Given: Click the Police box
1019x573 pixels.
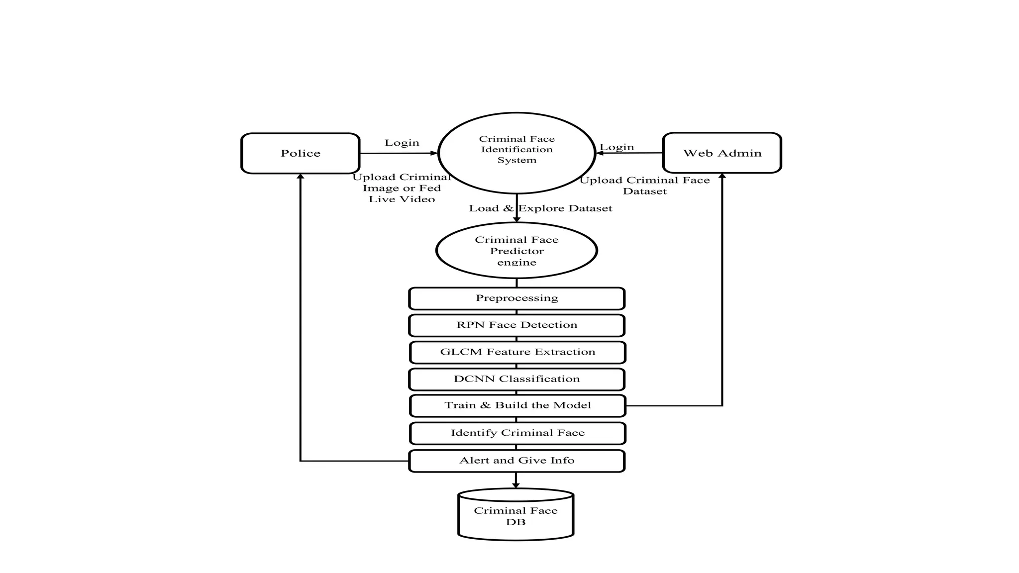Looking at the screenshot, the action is point(300,153).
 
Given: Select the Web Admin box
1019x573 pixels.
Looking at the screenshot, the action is point(722,153).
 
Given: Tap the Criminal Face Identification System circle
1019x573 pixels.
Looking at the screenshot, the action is point(516,153).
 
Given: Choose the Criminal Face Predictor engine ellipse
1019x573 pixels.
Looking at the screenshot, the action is point(516,250).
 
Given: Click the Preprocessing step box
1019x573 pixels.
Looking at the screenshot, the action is point(516,298).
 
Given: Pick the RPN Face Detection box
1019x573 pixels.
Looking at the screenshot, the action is point(516,325).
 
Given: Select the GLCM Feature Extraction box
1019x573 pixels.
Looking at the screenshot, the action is point(517,352).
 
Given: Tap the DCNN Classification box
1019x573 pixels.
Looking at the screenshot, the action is point(516,379).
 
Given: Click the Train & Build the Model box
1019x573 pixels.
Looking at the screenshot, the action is point(517,406).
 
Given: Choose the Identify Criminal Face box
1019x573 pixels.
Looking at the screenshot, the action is point(517,433).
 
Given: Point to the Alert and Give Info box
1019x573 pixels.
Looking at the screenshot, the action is point(516,461).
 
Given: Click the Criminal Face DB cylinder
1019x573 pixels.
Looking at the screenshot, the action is point(516,514).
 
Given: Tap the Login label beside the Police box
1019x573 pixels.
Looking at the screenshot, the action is point(402,143).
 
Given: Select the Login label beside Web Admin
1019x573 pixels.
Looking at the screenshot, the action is point(617,147).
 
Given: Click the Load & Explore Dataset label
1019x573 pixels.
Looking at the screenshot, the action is point(540,208).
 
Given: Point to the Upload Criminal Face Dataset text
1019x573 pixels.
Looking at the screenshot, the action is point(645,186).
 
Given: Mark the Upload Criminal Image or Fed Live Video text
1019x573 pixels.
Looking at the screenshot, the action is point(402,188).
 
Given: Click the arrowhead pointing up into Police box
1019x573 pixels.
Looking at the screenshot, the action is point(300,177).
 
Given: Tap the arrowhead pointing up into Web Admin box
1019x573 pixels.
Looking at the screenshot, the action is point(722,176).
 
